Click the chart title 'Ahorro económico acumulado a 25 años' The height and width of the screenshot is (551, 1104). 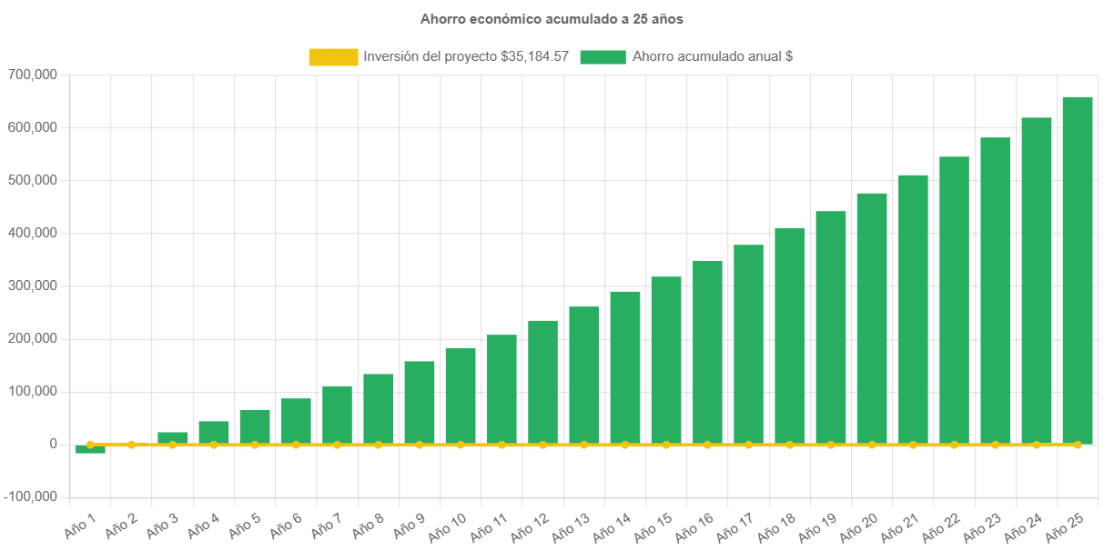click(552, 18)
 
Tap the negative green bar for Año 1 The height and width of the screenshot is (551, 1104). click(90, 449)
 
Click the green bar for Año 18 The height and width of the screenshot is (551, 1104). click(790, 336)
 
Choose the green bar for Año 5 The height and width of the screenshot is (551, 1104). click(255, 426)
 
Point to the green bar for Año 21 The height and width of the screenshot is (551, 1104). click(913, 309)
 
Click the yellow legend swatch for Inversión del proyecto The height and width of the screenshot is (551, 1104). click(333, 57)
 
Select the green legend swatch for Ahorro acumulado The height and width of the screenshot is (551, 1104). click(603, 57)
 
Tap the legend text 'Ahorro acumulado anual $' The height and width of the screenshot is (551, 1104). click(713, 56)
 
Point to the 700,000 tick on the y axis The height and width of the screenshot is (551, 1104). click(32, 75)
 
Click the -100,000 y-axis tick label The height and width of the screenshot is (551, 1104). click(30, 497)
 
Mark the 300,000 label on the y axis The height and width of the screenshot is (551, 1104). click(32, 286)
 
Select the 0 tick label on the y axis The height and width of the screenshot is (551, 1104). click(54, 445)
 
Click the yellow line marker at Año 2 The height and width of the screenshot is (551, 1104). click(131, 445)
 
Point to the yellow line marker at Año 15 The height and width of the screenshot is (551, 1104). click(666, 445)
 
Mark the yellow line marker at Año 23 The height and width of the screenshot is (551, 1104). click(995, 445)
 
